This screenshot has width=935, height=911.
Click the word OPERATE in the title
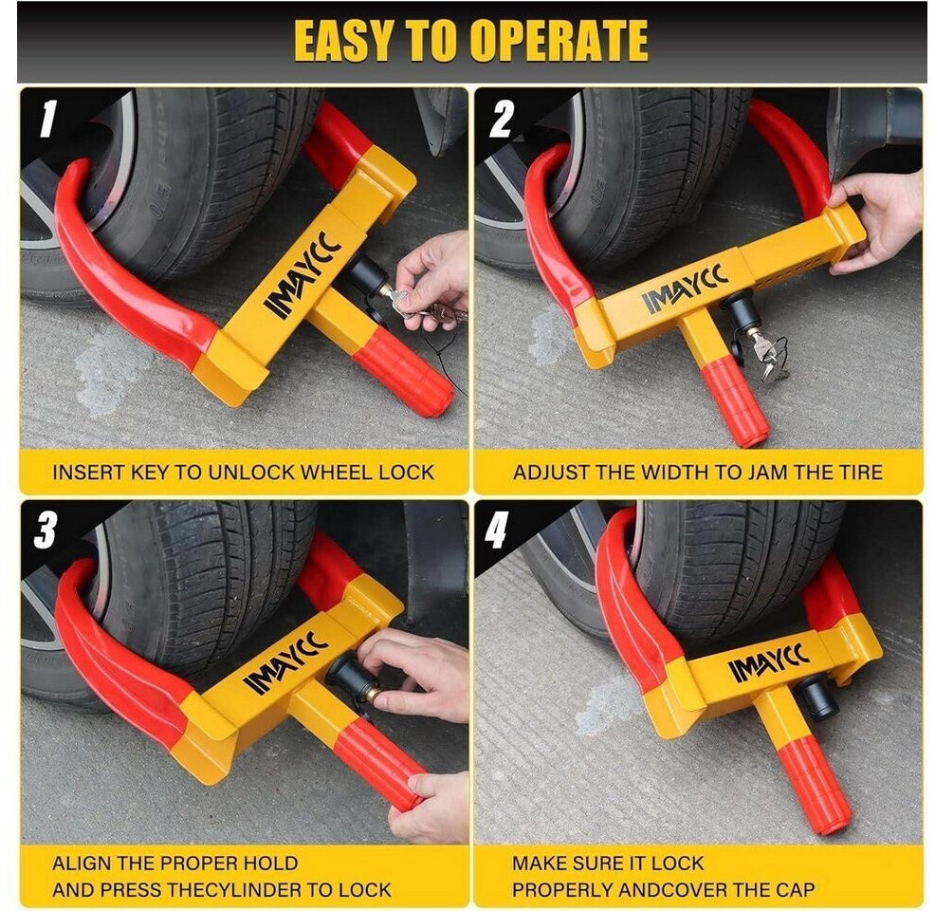pyautogui.click(x=559, y=41)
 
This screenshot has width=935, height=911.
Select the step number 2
pyautogui.click(x=501, y=119)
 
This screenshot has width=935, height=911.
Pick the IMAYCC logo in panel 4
pyautogui.click(x=769, y=660)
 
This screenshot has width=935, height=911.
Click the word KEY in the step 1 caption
pyautogui.click(x=151, y=473)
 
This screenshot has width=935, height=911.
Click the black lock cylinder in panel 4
pyautogui.click(x=818, y=699)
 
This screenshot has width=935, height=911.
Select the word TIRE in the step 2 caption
pyautogui.click(x=859, y=473)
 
